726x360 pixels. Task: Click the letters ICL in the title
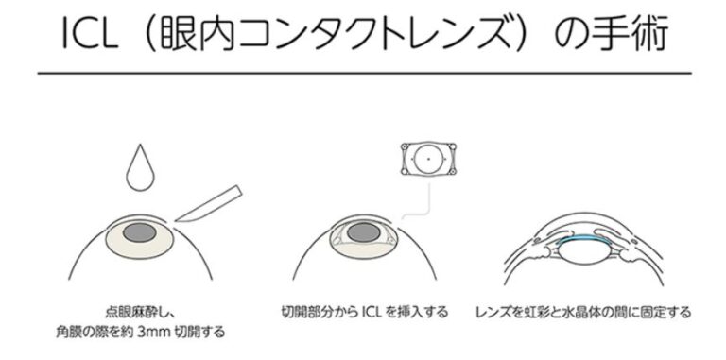pyautogui.click(x=89, y=33)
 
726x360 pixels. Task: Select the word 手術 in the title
pyautogui.click(x=638, y=33)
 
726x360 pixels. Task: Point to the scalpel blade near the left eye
pyautogui.click(x=209, y=204)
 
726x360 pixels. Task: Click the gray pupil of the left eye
pyautogui.click(x=140, y=232)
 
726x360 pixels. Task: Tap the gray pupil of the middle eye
pyautogui.click(x=364, y=232)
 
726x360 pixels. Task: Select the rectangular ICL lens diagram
pyautogui.click(x=429, y=159)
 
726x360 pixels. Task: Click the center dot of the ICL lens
pyautogui.click(x=429, y=159)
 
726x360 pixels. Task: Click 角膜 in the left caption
pyautogui.click(x=67, y=332)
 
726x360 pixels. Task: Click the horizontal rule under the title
pyautogui.click(x=364, y=73)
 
